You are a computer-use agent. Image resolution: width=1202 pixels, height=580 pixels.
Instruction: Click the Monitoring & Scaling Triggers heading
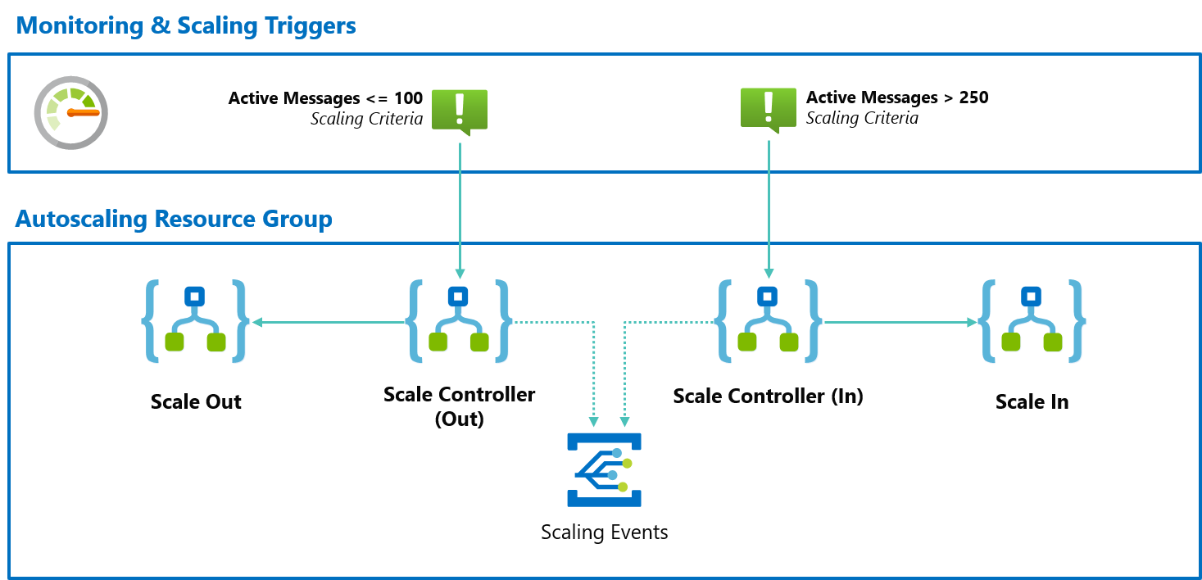click(x=186, y=25)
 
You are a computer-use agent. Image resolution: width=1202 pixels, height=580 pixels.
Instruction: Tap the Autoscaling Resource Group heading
click(x=174, y=220)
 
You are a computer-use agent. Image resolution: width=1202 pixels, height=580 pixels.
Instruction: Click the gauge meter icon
click(x=71, y=113)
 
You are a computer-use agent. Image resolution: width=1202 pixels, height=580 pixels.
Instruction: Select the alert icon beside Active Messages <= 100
click(x=460, y=110)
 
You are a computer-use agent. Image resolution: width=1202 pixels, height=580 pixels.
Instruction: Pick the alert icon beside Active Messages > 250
click(x=769, y=110)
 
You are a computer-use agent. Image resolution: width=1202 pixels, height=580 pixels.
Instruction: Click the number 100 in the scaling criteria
click(x=408, y=98)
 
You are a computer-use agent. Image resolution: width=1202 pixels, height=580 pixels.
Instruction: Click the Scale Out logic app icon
click(x=195, y=321)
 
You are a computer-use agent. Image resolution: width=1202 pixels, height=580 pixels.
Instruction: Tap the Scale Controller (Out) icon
click(x=459, y=321)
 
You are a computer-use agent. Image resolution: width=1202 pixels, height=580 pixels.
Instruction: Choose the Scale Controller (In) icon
click(x=768, y=321)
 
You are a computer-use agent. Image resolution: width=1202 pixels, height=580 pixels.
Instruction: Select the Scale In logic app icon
click(x=1032, y=321)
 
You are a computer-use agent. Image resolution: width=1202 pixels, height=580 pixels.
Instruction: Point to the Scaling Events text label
click(x=605, y=532)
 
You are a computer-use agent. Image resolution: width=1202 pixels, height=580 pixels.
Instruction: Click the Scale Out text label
click(x=196, y=402)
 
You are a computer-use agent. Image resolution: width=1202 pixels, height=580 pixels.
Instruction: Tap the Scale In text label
click(x=1032, y=402)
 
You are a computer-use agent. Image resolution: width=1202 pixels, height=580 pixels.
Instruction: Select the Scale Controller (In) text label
click(x=768, y=396)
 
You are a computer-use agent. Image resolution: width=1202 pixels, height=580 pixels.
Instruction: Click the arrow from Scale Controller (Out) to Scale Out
click(x=328, y=323)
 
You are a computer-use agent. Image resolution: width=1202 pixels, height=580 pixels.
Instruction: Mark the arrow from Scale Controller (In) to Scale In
click(x=900, y=323)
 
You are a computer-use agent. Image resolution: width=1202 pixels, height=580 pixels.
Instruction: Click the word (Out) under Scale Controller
click(x=459, y=419)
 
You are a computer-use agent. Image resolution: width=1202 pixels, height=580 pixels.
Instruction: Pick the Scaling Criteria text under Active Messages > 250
click(x=862, y=118)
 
